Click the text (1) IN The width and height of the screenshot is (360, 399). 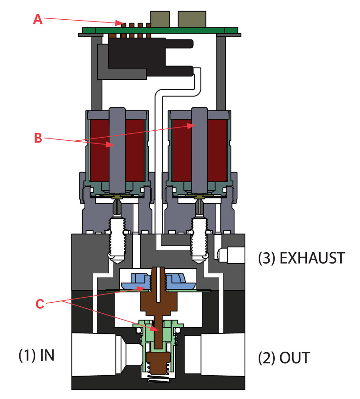pos(37,355)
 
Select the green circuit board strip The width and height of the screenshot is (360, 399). pos(161,31)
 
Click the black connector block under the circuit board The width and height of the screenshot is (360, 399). pos(138,57)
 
